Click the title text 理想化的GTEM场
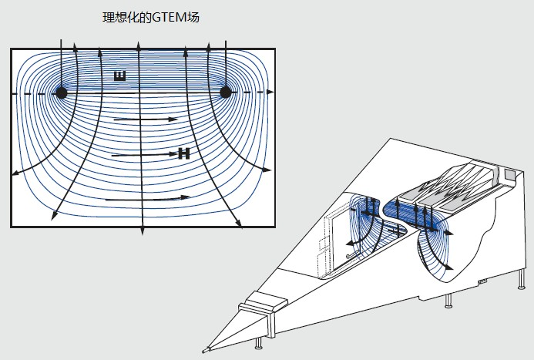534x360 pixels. [146, 17]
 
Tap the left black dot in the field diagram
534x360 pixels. [62, 93]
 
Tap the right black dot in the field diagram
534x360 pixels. [226, 93]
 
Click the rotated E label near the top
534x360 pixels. [119, 76]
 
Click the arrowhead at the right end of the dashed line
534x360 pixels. [270, 93]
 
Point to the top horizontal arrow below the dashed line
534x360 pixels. [146, 120]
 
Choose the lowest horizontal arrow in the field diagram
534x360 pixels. [146, 199]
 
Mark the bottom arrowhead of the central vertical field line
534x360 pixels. [141, 230]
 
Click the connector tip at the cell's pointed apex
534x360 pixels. [204, 351]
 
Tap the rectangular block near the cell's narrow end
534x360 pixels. [256, 311]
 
